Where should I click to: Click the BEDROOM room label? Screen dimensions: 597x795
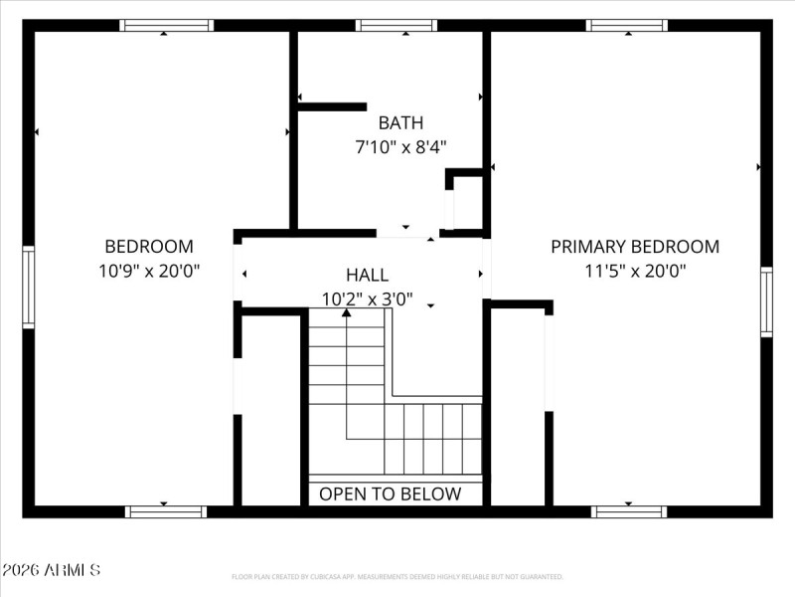149,247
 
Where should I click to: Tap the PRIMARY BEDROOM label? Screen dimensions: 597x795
635,247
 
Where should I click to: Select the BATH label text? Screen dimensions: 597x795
400,123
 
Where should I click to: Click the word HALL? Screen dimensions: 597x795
367,276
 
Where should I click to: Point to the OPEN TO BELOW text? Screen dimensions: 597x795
390,494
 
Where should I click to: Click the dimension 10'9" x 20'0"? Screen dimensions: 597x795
149,270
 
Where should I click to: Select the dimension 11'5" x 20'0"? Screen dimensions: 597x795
635,270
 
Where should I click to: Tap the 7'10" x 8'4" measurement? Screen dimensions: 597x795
400,147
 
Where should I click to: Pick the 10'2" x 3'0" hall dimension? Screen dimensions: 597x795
367,298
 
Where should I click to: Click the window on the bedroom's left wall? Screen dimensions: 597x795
29,288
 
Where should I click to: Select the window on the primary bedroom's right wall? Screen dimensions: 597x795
766,301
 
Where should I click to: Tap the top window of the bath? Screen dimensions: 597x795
397,25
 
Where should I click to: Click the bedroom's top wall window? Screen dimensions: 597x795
166,25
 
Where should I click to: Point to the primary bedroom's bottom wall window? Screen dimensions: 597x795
628,511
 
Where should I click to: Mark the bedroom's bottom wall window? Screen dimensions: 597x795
166,511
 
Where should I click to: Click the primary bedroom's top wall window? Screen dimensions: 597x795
626,25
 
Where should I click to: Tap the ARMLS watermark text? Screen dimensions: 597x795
51,570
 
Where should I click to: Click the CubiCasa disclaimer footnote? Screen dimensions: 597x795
397,577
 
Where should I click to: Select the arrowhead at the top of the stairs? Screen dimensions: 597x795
346,313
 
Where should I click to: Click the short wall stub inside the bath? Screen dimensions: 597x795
332,106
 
